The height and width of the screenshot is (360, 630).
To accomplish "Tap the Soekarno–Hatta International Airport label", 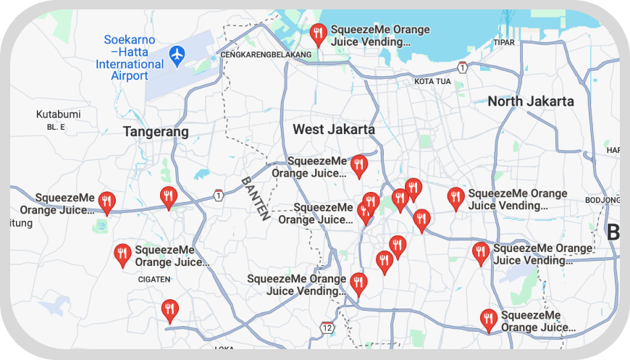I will click(130, 58).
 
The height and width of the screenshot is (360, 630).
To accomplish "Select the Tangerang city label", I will click(156, 132).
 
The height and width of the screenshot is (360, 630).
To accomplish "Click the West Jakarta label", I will click(334, 130).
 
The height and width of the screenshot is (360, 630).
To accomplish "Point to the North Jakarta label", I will click(531, 101).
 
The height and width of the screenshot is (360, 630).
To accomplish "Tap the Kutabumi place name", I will click(58, 114).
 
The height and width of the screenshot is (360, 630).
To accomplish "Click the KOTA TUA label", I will click(432, 82).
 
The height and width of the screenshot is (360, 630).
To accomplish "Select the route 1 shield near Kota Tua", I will click(462, 67).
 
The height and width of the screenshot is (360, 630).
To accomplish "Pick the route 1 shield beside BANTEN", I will click(219, 195).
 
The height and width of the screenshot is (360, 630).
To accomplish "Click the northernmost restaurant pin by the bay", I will click(318, 33).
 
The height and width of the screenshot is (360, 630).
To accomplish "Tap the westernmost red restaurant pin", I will click(107, 202).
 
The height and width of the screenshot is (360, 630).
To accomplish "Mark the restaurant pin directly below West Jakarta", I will click(358, 166).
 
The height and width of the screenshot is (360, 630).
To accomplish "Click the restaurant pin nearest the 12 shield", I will click(358, 284).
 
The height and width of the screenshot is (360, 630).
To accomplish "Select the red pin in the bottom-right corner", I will click(489, 319).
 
